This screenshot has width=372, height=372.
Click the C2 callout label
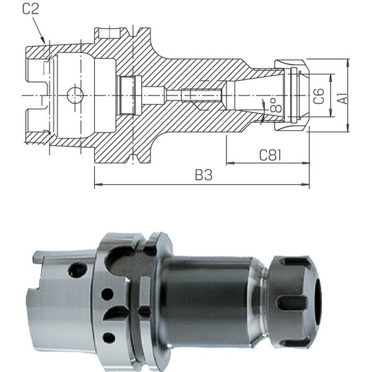[x=30, y=9]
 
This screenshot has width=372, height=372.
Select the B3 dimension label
[x=203, y=175]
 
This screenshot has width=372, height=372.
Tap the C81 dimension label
[x=270, y=155]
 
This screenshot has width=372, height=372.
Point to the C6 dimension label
[x=319, y=96]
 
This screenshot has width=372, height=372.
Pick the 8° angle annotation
[x=276, y=105]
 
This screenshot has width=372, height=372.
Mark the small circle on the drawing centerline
[x=75, y=95]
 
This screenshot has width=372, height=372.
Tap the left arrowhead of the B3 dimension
[x=99, y=184]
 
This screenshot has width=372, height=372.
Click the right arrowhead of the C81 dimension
[x=306, y=163]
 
